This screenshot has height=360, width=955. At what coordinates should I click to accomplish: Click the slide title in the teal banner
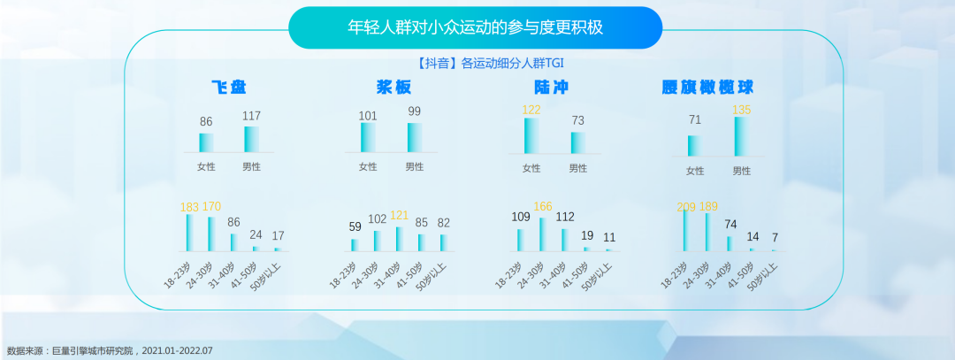click(x=475, y=27)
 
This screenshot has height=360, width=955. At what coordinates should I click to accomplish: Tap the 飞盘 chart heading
click(x=229, y=87)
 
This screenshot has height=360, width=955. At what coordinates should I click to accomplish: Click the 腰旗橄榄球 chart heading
click(x=707, y=88)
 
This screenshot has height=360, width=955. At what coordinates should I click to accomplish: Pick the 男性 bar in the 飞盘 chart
click(x=251, y=139)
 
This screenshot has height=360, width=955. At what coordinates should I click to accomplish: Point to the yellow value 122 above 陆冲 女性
click(x=531, y=110)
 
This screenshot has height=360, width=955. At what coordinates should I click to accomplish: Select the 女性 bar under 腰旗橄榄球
click(x=695, y=146)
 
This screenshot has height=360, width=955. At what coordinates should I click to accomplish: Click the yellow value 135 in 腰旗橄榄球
click(x=741, y=110)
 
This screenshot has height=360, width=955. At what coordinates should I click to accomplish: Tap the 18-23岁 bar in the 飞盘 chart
click(x=190, y=233)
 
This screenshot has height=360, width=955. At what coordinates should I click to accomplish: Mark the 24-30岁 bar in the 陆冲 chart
click(x=543, y=234)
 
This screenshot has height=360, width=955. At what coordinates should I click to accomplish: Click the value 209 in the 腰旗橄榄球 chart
click(x=686, y=207)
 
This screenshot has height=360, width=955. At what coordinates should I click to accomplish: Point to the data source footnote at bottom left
click(x=110, y=351)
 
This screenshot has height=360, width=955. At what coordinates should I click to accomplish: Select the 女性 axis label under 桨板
click(x=368, y=166)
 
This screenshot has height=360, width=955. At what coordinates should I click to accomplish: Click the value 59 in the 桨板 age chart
click(x=355, y=226)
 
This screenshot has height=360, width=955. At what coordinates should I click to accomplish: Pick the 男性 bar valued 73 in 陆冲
click(x=578, y=142)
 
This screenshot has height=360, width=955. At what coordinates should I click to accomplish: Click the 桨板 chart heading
click(x=394, y=87)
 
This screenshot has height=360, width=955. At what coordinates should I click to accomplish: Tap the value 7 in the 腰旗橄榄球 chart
click(x=775, y=238)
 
